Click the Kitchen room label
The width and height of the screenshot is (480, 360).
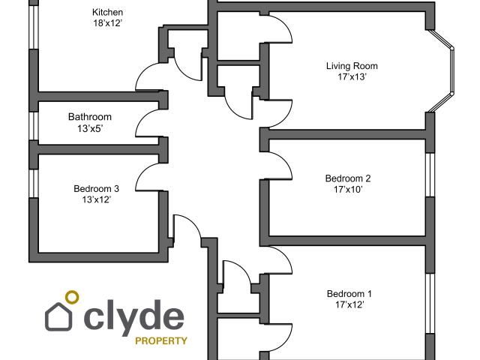(107, 13)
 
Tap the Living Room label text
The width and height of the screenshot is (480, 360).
(352, 66)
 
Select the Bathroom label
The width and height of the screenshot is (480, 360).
(90, 117)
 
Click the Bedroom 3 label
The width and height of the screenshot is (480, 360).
(96, 188)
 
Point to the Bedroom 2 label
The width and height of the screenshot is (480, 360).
(348, 178)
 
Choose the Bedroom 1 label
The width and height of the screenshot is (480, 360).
(349, 293)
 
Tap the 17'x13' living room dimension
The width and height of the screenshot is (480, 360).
(352, 77)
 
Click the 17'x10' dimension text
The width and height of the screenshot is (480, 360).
(348, 190)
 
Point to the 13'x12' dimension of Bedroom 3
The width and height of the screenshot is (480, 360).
(96, 199)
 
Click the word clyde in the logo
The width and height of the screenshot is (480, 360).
(134, 316)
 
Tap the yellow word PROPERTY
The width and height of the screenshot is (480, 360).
(160, 340)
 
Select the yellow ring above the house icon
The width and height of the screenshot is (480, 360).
(72, 297)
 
